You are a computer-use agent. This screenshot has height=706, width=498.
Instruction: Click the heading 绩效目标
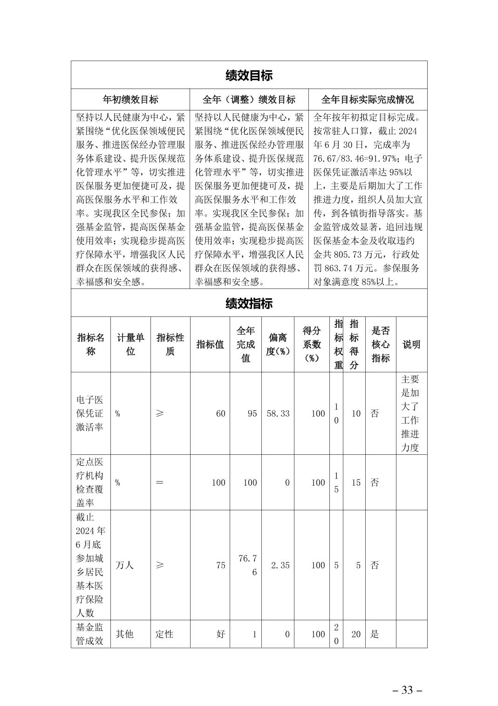point(249,75)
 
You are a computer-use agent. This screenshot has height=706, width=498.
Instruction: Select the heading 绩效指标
point(249,304)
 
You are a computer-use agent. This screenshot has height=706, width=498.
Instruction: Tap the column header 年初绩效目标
point(130,99)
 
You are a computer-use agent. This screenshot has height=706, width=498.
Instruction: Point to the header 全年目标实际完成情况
point(368,99)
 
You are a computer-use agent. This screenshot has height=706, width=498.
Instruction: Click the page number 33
point(407,690)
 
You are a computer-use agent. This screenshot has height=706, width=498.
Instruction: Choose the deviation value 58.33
point(278,413)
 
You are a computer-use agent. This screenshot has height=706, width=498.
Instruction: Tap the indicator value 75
point(220,565)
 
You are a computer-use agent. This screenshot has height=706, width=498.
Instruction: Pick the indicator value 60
point(220,413)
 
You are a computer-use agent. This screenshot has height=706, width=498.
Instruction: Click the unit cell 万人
point(124,565)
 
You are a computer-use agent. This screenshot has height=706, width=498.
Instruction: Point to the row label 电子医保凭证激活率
point(90,413)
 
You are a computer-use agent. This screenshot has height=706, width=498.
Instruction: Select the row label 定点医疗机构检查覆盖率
point(90,482)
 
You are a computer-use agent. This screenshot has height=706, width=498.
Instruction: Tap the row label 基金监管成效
point(90,634)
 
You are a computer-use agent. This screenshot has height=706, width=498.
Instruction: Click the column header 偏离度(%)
point(278,344)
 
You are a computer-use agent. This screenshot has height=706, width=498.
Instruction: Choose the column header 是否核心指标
point(381,344)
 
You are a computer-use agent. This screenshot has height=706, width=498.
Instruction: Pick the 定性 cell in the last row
point(164,634)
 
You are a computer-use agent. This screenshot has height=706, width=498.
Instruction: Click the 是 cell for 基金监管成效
point(375,634)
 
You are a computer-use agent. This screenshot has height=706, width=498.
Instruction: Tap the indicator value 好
point(220,634)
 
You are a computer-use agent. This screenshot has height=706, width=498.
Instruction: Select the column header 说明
point(411,344)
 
